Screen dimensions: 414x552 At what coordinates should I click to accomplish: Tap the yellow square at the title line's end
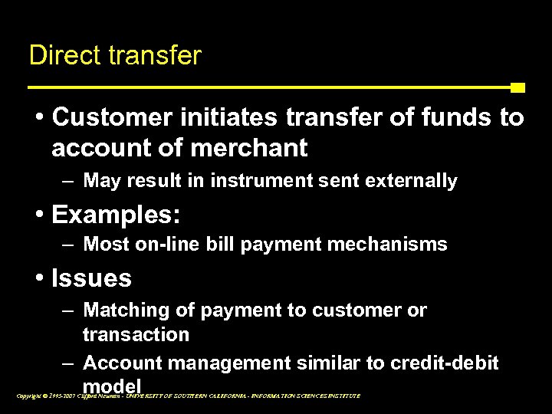tap(517, 87)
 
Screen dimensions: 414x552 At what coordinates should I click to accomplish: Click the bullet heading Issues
tap(91, 278)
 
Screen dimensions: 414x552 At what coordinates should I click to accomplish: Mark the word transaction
tap(136, 334)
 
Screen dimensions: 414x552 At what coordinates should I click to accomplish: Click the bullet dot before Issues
tap(38, 278)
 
